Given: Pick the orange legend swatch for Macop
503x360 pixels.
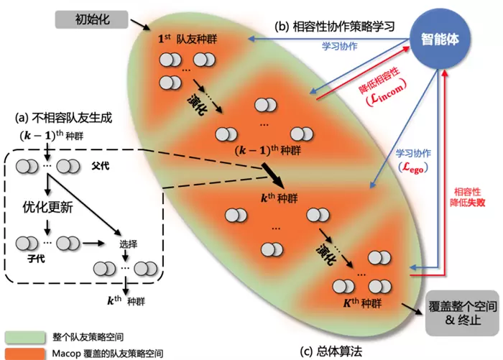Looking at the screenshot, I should pyautogui.click(x=24, y=353).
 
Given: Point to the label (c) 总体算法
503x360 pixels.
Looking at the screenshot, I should pyautogui.click(x=331, y=351).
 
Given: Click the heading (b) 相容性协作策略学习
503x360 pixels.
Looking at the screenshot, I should pyautogui.click(x=334, y=27).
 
